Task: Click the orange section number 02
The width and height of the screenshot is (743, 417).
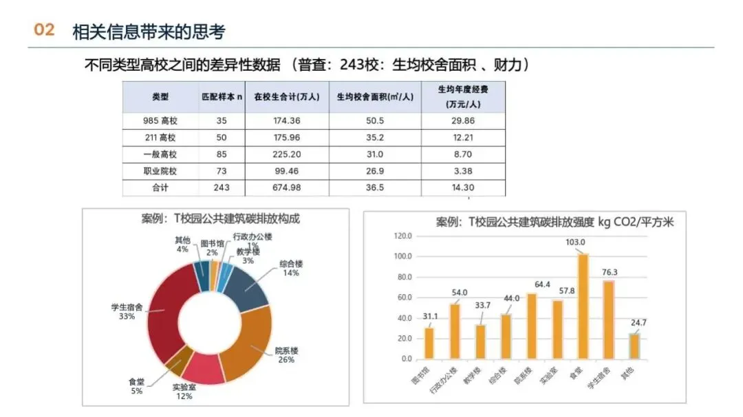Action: coord(44,30)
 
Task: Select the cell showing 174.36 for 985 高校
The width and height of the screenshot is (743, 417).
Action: coord(287,121)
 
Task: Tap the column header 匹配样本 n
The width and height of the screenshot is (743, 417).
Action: coord(222,97)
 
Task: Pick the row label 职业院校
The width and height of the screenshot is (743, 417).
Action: coord(160,171)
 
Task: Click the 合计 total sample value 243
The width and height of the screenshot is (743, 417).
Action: coord(222,188)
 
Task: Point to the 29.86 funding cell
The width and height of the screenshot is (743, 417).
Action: coord(463,121)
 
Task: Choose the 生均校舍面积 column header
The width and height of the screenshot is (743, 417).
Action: coord(375,97)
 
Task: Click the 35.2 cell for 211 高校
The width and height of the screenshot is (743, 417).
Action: coord(375,137)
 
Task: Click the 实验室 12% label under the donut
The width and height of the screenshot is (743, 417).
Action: coord(184,392)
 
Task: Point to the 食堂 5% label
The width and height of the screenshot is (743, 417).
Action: coord(136,386)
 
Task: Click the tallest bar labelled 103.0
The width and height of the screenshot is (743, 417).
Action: coord(583,306)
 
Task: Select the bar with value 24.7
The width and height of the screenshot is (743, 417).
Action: coord(634,346)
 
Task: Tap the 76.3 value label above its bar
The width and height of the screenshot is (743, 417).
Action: coord(610,272)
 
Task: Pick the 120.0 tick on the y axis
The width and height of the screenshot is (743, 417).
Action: coord(402,236)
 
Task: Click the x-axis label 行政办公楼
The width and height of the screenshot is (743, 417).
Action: coord(444,381)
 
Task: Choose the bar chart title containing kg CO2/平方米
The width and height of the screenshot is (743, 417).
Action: coord(554,222)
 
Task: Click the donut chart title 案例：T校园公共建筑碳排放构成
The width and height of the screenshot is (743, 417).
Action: coord(220,218)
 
